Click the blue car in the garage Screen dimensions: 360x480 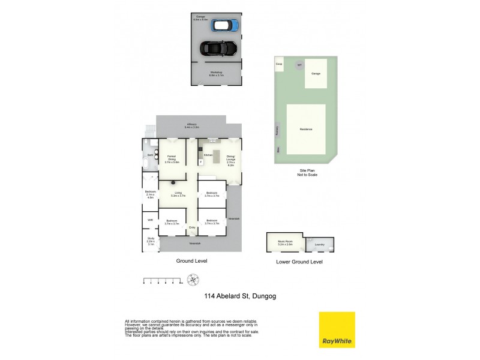(x=226, y=25)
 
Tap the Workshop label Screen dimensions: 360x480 (x=216, y=74)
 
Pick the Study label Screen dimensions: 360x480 (x=151, y=242)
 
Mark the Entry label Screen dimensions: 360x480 (x=192, y=228)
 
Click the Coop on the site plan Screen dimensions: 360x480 (x=278, y=63)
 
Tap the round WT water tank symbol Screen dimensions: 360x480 (x=298, y=65)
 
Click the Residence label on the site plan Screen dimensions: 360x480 (x=306, y=129)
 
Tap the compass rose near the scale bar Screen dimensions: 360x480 (x=193, y=280)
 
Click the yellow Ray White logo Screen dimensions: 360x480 (x=337, y=329)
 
